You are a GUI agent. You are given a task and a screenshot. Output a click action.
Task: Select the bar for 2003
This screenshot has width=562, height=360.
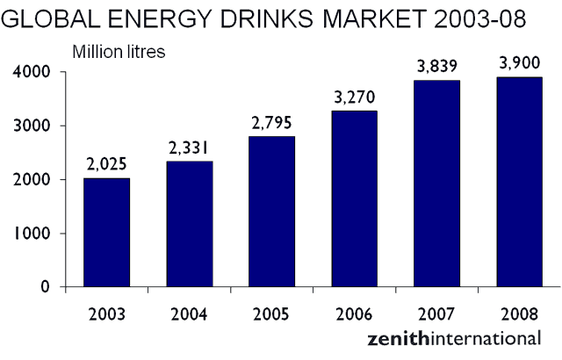pos(107,232)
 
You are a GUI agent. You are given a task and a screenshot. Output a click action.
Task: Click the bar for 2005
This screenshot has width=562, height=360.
pos(271,212)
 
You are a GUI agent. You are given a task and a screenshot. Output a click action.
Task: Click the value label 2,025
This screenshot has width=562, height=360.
pos(107,164)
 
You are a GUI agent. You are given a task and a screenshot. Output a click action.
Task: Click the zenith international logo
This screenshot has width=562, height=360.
pos(454,337)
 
